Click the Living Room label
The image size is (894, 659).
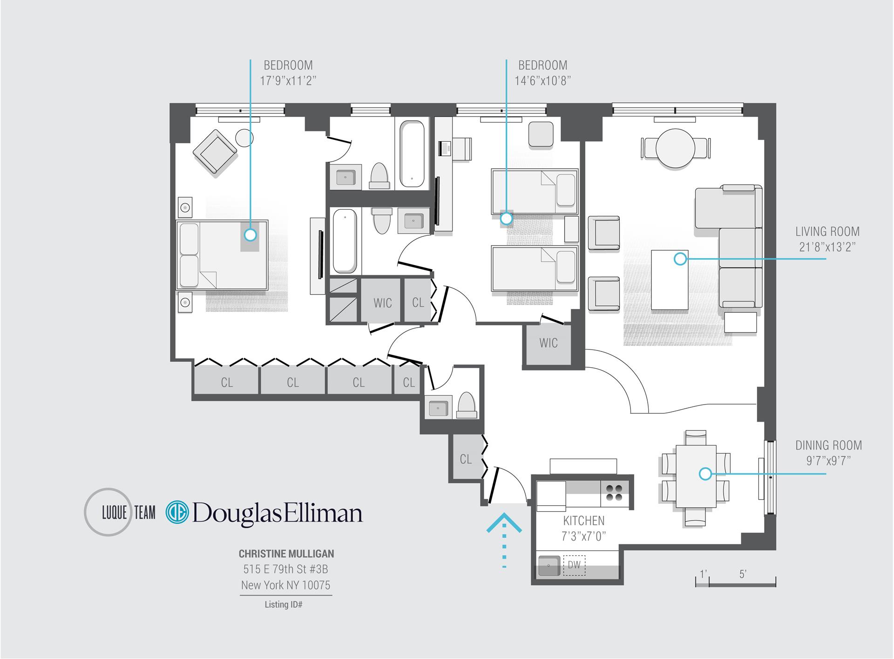pyautogui.click(x=827, y=232)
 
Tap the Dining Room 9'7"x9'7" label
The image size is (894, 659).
pyautogui.click(x=828, y=453)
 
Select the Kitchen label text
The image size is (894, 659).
pyautogui.click(x=583, y=521)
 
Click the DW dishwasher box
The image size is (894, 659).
pyautogui.click(x=574, y=565)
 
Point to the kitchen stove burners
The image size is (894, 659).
pyautogui.click(x=615, y=493)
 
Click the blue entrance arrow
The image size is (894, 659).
pyautogui.click(x=504, y=524)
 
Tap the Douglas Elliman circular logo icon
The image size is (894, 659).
pyautogui.click(x=177, y=512)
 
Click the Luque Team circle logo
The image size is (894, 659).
pyautogui.click(x=108, y=512)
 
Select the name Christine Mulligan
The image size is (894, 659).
pyautogui.click(x=286, y=554)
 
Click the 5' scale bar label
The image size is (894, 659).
pyautogui.click(x=743, y=574)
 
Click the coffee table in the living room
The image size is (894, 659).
pyautogui.click(x=670, y=279)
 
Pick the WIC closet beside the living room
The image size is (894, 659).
pyautogui.click(x=548, y=343)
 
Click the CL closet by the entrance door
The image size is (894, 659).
pyautogui.click(x=465, y=459)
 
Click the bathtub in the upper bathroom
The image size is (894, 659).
pyautogui.click(x=412, y=154)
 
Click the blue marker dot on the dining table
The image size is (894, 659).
pyautogui.click(x=705, y=474)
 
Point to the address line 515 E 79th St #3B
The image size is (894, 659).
pyautogui.click(x=285, y=569)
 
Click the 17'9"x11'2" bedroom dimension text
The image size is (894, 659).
pyautogui.click(x=288, y=81)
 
